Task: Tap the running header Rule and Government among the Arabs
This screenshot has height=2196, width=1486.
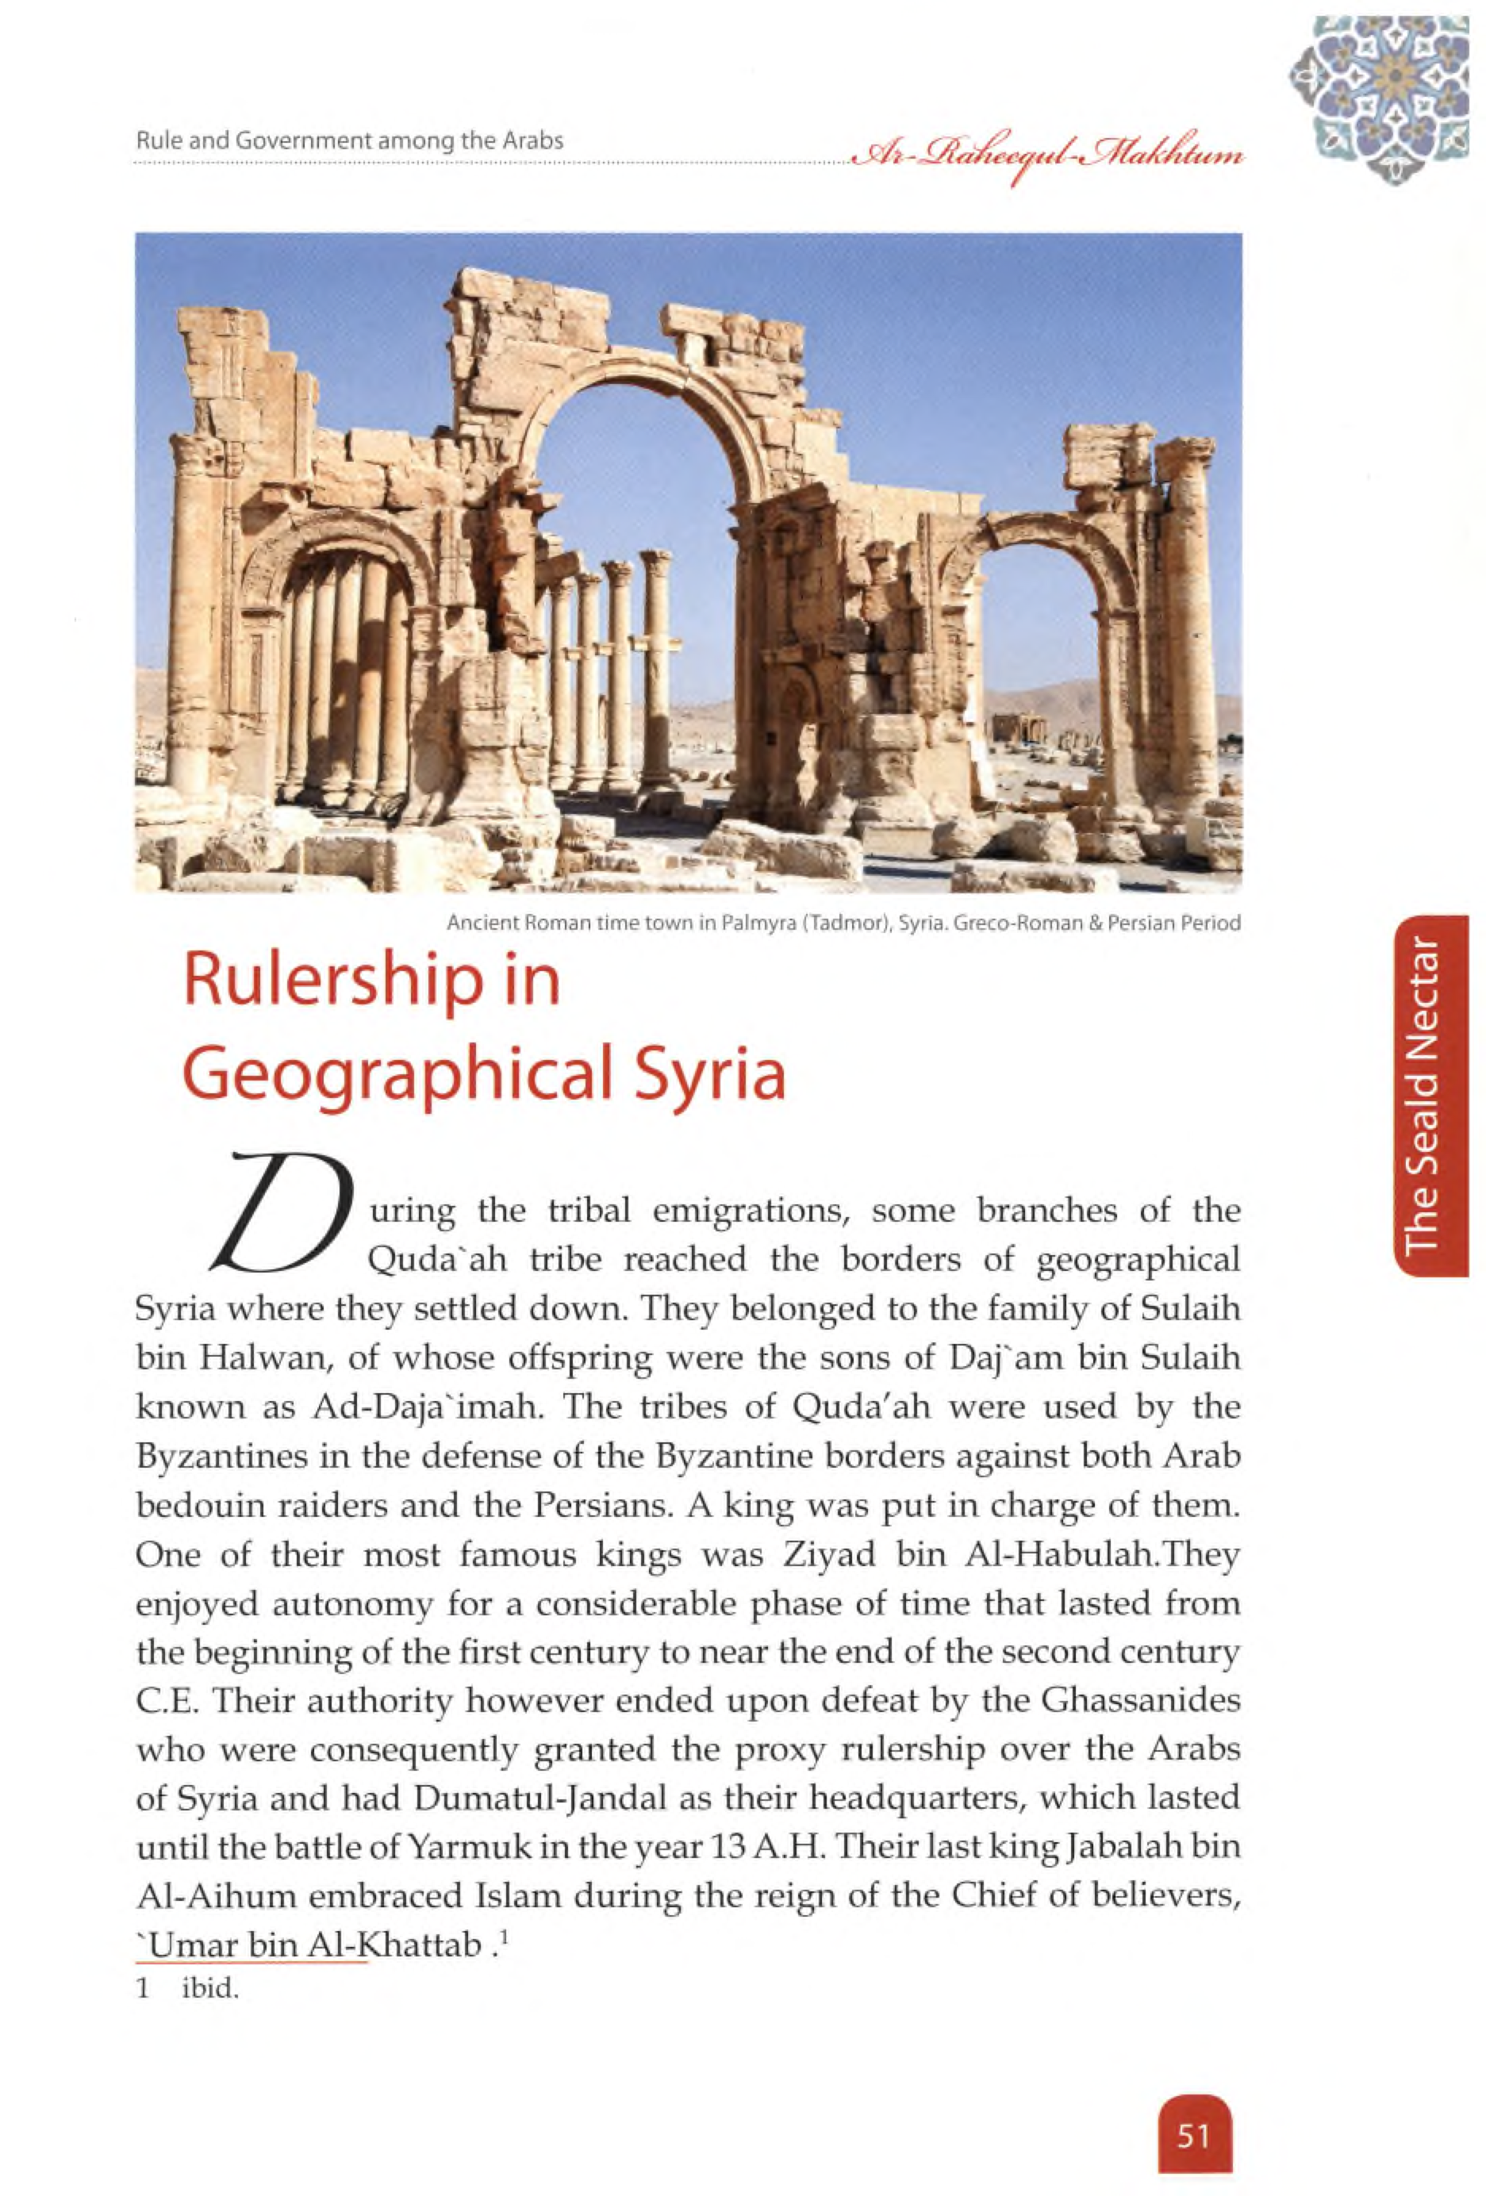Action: (x=350, y=142)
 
